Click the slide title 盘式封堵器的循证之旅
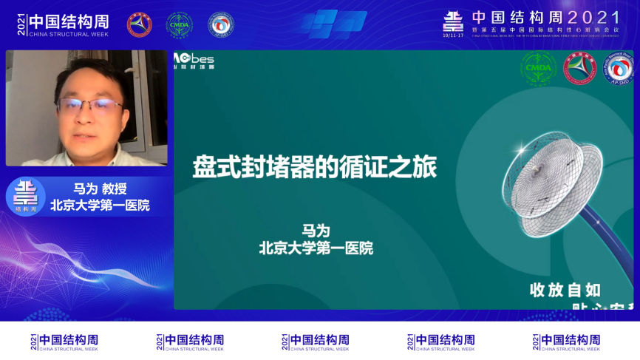point(315,166)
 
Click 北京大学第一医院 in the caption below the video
point(100,205)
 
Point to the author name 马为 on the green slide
point(316,231)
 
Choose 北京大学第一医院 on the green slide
point(316,248)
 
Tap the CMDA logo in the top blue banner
point(178,24)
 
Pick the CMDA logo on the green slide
point(539,68)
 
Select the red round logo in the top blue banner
point(139,24)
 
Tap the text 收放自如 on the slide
point(565,289)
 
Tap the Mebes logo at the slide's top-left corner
point(194,59)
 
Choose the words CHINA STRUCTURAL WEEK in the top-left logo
point(68,33)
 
